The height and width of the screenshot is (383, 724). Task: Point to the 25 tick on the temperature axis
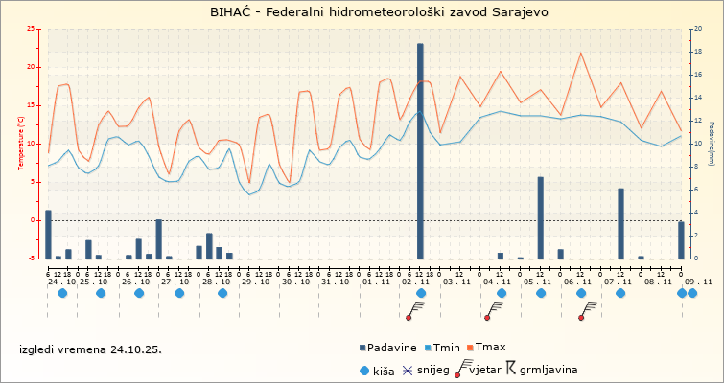[33, 29]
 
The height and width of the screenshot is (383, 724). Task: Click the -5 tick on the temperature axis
[33, 259]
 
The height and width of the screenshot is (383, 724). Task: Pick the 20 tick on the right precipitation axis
[697, 29]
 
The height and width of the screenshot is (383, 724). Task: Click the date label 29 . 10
[255, 282]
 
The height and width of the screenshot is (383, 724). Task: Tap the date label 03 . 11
[455, 282]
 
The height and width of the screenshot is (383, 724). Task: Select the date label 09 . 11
[698, 282]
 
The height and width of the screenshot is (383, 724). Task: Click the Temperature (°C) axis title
[20, 143]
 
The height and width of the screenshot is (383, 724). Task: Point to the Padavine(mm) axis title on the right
[712, 144]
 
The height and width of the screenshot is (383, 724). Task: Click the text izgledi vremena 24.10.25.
[91, 349]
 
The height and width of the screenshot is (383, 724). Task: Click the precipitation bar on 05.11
[541, 217]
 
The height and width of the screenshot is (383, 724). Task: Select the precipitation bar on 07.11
[621, 223]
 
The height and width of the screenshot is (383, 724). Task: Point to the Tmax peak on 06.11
[581, 53]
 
